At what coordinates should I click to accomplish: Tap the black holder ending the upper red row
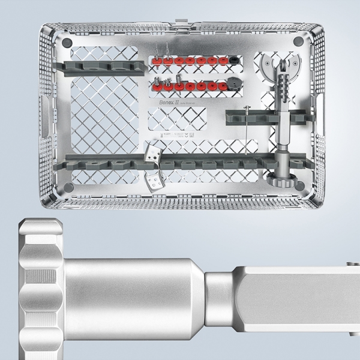pos(232,61)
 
